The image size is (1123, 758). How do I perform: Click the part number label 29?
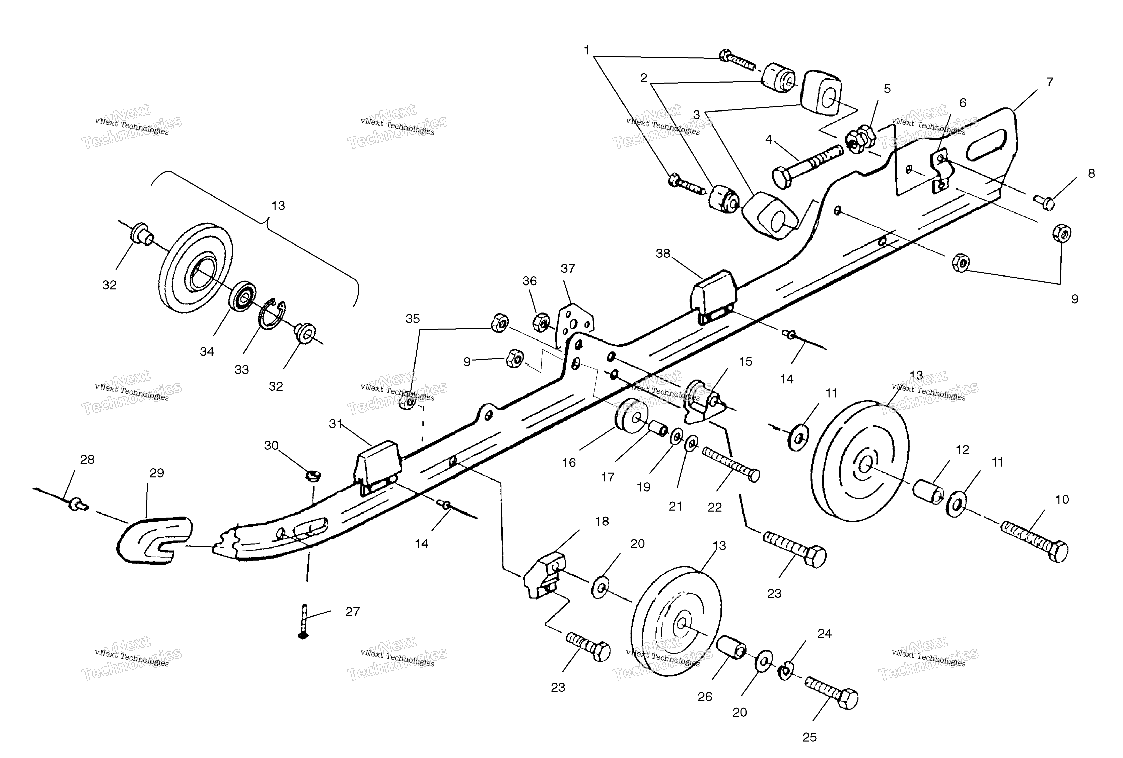[157, 473]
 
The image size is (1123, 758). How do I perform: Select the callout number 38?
[663, 254]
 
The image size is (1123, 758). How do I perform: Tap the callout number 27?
[353, 612]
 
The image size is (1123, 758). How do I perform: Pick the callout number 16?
[569, 463]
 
